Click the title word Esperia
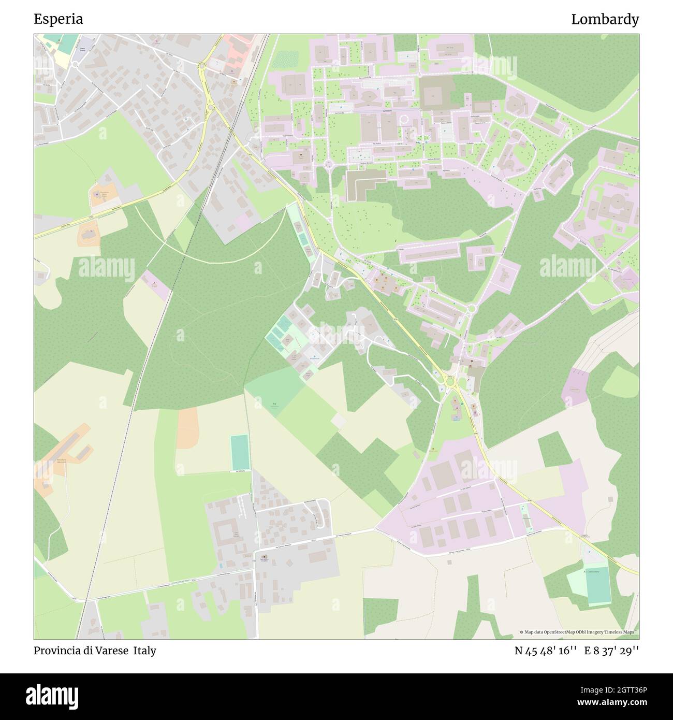point(58,19)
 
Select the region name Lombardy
point(605,19)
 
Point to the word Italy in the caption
point(144,651)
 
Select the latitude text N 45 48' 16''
point(546,651)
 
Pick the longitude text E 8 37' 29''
point(611,651)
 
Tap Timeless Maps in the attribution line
point(621,632)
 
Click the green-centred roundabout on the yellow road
point(449,383)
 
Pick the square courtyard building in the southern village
point(224,533)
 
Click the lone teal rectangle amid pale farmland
point(239,453)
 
